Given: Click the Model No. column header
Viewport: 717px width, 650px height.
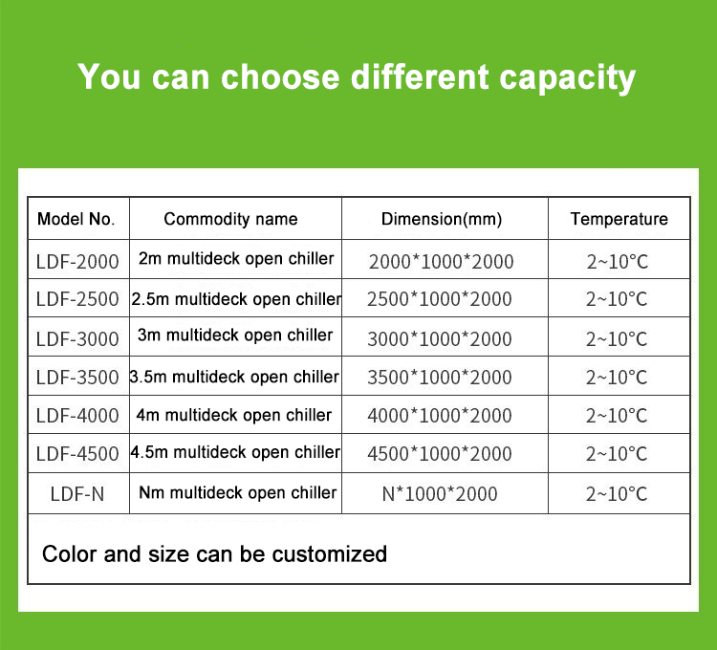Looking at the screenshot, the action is coord(76,219).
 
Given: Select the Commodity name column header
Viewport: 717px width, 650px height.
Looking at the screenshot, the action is coord(230,220).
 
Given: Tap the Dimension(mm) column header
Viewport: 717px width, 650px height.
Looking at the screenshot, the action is coord(442,220).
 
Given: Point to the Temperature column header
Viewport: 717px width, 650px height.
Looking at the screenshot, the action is coord(619,220).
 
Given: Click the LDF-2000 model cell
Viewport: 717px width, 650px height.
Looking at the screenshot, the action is coord(77,262).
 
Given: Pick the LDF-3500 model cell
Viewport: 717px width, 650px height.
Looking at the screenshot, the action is coord(77,378).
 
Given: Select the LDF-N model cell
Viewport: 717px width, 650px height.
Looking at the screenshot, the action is coord(77,494).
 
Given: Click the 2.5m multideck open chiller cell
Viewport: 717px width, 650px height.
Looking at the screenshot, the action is coord(236,299).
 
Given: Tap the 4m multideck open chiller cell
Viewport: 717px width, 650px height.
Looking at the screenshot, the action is coord(234,416).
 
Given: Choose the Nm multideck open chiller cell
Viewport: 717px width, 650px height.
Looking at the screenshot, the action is coord(238,492).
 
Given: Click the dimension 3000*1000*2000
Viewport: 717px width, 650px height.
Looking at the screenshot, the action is coord(440,339).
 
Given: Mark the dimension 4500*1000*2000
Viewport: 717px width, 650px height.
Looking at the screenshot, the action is coord(440,454).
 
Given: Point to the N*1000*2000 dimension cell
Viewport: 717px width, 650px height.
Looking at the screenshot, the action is coord(440,494).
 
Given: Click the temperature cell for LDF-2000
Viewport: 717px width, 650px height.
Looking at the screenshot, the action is coord(618,262).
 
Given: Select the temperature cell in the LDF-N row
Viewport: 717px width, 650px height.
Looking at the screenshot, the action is coord(617,494).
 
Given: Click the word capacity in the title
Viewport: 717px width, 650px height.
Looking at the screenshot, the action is coord(568,78).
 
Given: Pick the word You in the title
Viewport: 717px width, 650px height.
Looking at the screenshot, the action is coord(108,76).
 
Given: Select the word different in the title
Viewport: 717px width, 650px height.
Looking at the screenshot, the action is coord(420,76).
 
